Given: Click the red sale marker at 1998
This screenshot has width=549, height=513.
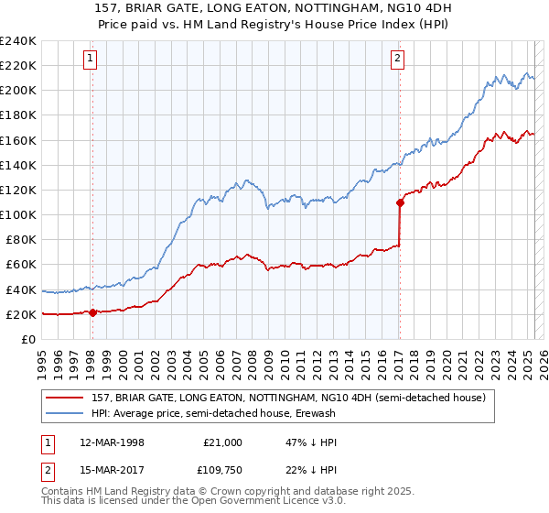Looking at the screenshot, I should [x=92, y=312].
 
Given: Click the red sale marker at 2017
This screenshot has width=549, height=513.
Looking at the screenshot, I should [x=400, y=202].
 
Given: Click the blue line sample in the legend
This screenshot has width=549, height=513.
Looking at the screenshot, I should [x=66, y=414].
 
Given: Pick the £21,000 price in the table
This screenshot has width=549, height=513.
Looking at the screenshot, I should [x=222, y=442].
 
